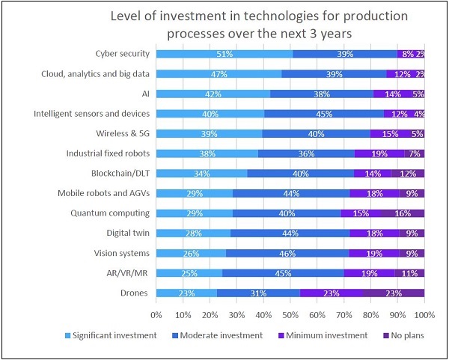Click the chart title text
tap(224, 24)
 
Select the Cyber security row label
tap(123, 54)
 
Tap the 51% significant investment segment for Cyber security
tap(224, 54)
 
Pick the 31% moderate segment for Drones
tap(259, 293)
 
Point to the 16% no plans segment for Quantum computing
tap(403, 213)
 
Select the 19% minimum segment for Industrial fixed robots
tap(379, 153)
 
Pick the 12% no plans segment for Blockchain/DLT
tap(408, 174)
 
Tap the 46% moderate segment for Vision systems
tap(287, 254)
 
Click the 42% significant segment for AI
tap(213, 94)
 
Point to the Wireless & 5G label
tap(122, 133)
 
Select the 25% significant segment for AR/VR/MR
tap(190, 273)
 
